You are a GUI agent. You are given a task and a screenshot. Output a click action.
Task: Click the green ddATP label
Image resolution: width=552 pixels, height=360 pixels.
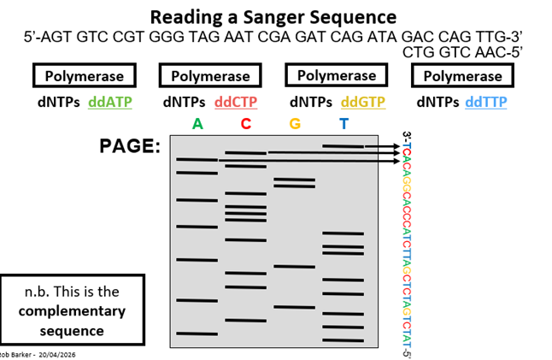click(110, 102)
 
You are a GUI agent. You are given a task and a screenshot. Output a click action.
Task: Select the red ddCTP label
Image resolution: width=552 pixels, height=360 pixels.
click(236, 102)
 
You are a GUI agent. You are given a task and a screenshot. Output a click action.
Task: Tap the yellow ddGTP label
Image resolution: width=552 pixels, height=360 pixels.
click(363, 102)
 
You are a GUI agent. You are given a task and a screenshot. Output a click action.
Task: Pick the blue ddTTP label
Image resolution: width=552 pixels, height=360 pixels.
click(486, 102)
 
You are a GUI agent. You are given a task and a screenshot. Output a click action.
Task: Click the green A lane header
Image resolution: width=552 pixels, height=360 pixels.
click(198, 124)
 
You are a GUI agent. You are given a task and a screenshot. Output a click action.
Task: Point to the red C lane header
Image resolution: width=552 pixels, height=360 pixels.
click(246, 124)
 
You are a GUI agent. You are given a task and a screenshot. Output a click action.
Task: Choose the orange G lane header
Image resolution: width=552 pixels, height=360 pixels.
click(295, 124)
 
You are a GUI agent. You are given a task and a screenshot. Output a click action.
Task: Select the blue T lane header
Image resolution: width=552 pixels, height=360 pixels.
click(344, 124)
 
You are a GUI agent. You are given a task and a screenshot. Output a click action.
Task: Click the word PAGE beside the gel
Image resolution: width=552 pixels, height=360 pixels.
click(130, 146)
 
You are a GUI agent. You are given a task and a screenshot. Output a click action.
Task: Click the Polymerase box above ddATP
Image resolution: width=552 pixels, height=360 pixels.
click(85, 75)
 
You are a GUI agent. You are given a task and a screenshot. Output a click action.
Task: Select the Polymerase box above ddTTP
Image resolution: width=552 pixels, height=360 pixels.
click(462, 75)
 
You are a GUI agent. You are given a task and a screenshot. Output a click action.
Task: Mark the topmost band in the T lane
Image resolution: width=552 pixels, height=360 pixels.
click(344, 146)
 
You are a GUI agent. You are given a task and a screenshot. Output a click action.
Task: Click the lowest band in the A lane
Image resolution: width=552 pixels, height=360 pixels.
click(197, 333)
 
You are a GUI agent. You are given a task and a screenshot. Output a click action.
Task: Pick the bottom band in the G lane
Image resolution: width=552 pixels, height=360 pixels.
click(294, 307)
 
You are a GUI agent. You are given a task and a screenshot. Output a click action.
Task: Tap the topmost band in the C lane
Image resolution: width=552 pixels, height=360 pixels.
click(246, 153)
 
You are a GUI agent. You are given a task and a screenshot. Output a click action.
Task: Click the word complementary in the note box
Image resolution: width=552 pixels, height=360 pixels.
click(72, 311)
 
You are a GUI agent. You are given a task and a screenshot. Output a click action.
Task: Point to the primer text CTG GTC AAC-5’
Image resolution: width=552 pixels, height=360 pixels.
click(462, 52)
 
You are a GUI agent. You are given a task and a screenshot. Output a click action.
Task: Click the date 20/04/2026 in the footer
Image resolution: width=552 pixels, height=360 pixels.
click(57, 355)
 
